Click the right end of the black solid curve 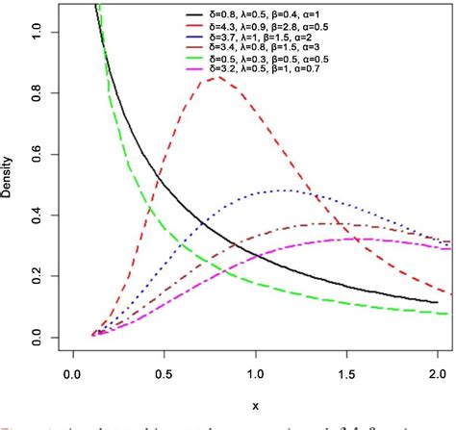coord(439,302)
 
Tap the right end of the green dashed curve coord(445,314)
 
